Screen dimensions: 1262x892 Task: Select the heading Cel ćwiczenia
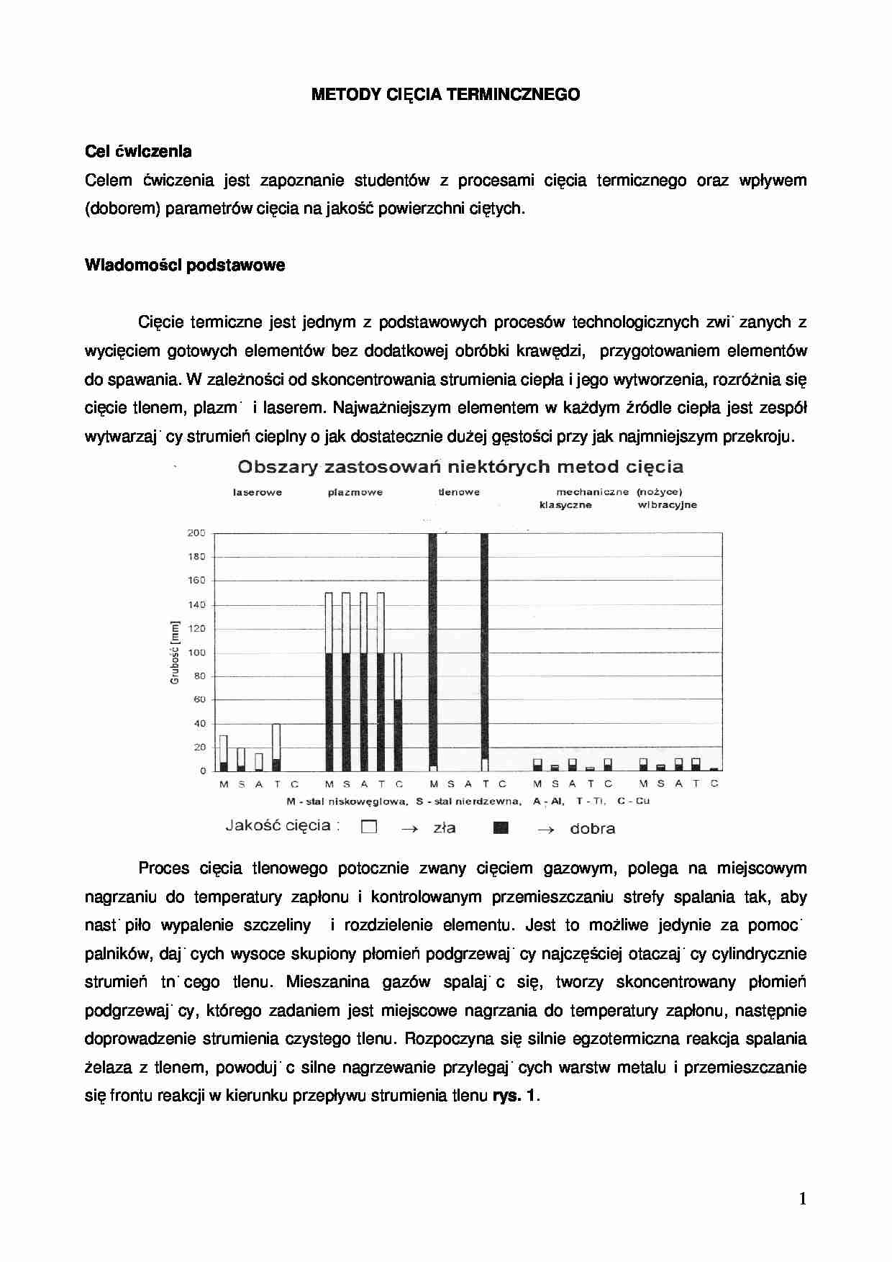pyautogui.click(x=138, y=152)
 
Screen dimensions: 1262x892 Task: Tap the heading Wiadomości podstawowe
pyautogui.click(x=185, y=265)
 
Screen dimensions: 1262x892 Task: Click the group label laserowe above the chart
pyautogui.click(x=258, y=493)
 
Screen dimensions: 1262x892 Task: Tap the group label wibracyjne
pyautogui.click(x=667, y=505)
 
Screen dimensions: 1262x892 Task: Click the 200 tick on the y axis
pyautogui.click(x=196, y=533)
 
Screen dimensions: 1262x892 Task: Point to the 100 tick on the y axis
pyautogui.click(x=196, y=653)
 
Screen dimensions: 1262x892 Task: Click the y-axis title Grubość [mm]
pyautogui.click(x=174, y=653)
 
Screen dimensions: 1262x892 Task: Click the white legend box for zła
pyautogui.click(x=369, y=827)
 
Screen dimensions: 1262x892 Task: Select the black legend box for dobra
pyautogui.click(x=501, y=827)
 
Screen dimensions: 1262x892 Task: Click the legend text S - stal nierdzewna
pyautogui.click(x=468, y=802)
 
